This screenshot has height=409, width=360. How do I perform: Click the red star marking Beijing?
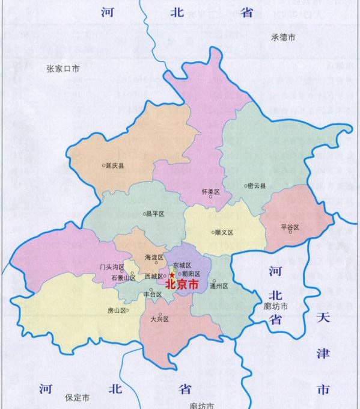(x=172, y=274)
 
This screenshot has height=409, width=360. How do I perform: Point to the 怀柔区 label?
(x=212, y=191)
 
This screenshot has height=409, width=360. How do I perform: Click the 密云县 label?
(x=258, y=186)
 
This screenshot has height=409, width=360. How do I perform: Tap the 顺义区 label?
(x=224, y=232)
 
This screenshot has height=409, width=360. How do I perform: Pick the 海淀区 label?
(x=154, y=257)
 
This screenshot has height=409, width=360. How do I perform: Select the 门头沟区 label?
(x=111, y=266)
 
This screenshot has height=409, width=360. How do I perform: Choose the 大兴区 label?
(x=160, y=319)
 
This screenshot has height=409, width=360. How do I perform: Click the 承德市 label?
(x=283, y=37)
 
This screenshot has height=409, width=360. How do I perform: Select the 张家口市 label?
(x=63, y=69)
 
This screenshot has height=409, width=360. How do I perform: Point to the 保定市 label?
(x=78, y=398)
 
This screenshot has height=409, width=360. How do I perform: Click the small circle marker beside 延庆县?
(x=103, y=165)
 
